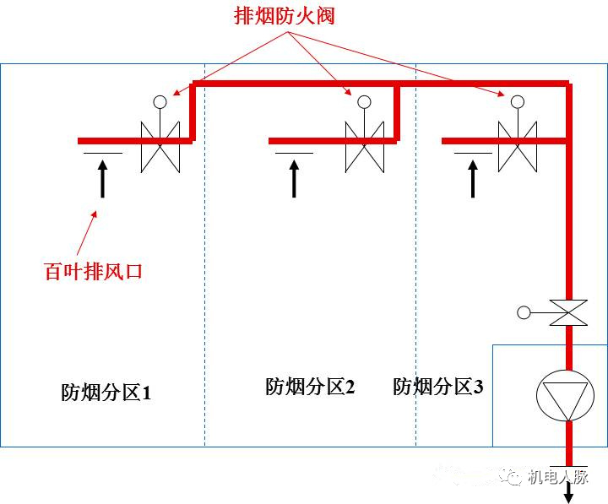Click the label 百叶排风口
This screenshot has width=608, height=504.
pyautogui.click(x=94, y=272)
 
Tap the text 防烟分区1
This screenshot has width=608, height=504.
pyautogui.click(x=106, y=392)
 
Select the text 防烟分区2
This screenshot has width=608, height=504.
pyautogui.click(x=310, y=387)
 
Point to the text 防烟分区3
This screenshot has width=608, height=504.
pyautogui.click(x=438, y=387)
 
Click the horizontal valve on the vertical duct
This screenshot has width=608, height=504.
pyautogui.click(x=568, y=312)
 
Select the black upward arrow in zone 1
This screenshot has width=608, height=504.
pyautogui.click(x=103, y=179)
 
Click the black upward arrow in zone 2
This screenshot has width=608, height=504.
pyautogui.click(x=294, y=179)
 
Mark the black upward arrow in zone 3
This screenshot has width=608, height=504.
pyautogui.click(x=473, y=179)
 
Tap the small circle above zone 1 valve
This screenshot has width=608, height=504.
pyautogui.click(x=160, y=102)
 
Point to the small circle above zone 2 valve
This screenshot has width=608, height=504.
pyautogui.click(x=365, y=102)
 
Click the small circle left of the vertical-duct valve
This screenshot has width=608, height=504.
pyautogui.click(x=524, y=313)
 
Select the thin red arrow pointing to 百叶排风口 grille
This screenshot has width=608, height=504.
pyautogui.click(x=88, y=232)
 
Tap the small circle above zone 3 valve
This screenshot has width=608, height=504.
pyautogui.click(x=517, y=102)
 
